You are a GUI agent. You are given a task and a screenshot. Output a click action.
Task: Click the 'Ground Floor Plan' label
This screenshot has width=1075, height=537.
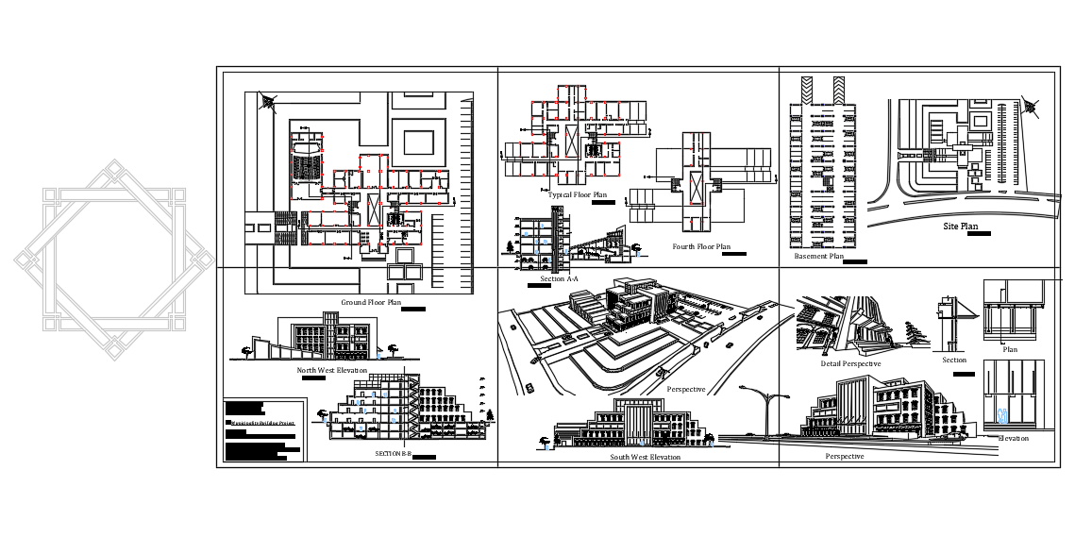point(371,303)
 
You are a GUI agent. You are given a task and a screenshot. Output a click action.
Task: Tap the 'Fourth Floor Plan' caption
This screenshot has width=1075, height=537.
point(701,247)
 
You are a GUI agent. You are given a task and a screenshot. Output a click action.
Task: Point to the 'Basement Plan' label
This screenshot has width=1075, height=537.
point(818,256)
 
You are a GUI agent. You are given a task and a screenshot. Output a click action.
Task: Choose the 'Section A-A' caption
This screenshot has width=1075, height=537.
point(559,279)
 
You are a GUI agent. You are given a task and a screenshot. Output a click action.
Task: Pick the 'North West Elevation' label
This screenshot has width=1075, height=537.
point(332,370)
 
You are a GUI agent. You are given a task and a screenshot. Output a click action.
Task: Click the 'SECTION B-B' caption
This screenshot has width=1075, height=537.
point(394,454)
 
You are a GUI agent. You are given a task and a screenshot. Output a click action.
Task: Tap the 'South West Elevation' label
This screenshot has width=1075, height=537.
point(645,457)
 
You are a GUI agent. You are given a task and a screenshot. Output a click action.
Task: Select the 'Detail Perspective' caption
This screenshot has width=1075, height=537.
point(850,363)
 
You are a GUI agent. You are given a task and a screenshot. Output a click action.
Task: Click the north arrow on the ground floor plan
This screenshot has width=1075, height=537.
point(269,101)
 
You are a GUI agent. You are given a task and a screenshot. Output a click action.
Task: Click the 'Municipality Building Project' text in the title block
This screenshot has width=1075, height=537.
point(261,424)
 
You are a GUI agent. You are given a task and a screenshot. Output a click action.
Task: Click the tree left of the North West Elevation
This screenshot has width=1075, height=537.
point(247,350)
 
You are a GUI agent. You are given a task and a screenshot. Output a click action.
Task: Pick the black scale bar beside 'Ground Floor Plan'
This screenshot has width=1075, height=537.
point(413,309)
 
